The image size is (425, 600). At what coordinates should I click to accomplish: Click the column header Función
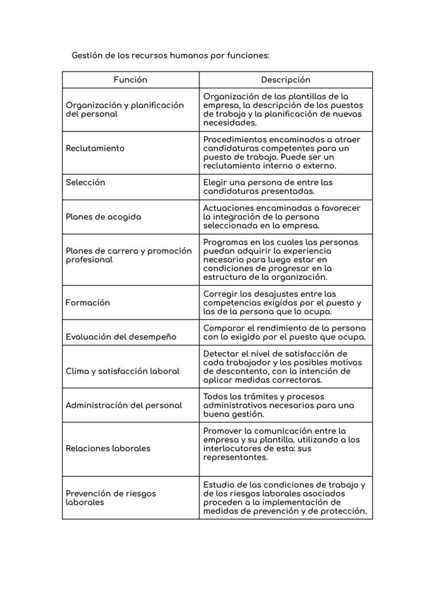[130, 80]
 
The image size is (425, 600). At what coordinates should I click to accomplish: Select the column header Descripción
[285, 80]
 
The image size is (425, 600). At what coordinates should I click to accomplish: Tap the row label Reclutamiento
[95, 148]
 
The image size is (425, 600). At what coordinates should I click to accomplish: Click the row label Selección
[85, 182]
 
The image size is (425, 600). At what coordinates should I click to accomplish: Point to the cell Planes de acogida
[103, 217]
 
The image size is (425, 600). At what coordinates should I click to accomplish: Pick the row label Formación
[88, 303]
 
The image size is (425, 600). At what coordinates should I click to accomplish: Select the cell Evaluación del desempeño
[121, 337]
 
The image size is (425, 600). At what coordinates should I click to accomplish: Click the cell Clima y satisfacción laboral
[122, 371]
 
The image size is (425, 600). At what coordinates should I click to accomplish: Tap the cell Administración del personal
[124, 405]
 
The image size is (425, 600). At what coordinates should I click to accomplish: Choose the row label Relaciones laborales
[108, 448]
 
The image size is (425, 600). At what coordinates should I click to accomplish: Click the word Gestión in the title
[86, 55]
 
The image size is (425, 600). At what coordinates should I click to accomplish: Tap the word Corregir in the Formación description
[219, 294]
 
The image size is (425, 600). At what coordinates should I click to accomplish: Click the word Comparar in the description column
[222, 328]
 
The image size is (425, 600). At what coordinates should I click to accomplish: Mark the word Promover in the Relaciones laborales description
[222, 431]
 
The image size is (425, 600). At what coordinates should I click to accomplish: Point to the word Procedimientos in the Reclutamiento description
[233, 140]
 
